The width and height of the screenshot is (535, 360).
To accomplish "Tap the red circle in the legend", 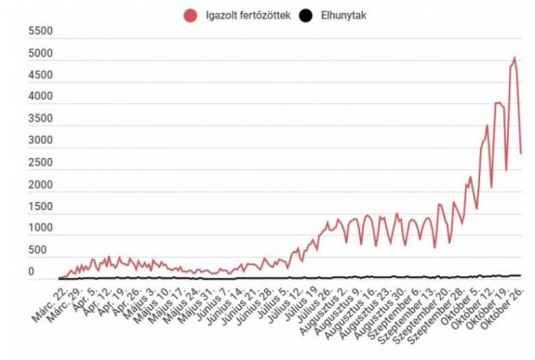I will pyautogui.click(x=192, y=14).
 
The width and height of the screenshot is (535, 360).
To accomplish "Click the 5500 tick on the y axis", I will pyautogui.click(x=41, y=31).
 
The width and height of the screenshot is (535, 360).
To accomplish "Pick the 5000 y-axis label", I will pyautogui.click(x=41, y=53).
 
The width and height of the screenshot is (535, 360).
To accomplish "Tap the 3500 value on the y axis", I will pyautogui.click(x=41, y=119).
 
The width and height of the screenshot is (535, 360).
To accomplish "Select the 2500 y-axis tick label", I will pyautogui.click(x=41, y=163).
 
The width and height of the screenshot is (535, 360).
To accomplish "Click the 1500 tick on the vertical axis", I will pyautogui.click(x=41, y=207).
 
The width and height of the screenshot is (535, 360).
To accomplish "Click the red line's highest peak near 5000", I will pyautogui.click(x=514, y=58).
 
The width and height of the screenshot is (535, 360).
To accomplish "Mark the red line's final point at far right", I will pyautogui.click(x=521, y=153).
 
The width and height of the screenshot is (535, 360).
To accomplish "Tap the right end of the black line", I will pyautogui.click(x=520, y=274).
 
